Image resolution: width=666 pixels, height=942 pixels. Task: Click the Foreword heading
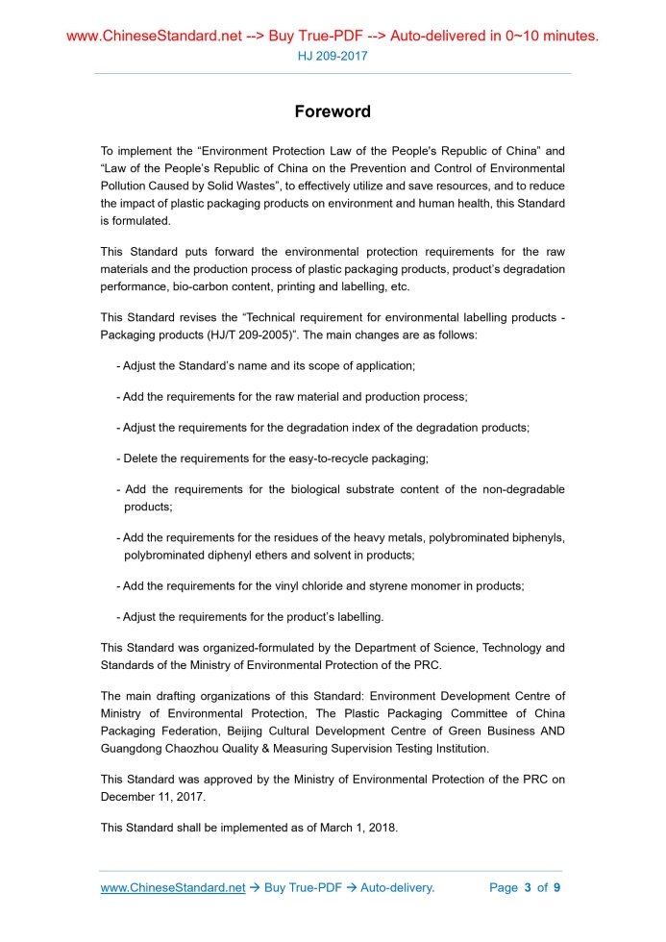coord(332,112)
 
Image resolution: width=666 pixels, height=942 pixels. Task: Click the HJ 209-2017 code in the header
coord(332,56)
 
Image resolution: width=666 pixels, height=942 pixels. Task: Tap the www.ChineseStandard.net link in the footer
coord(173,887)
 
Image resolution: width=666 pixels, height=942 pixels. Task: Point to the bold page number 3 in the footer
coord(528,887)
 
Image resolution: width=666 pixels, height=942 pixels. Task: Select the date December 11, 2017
coord(150,796)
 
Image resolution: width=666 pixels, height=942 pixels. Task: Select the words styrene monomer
coord(436,585)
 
